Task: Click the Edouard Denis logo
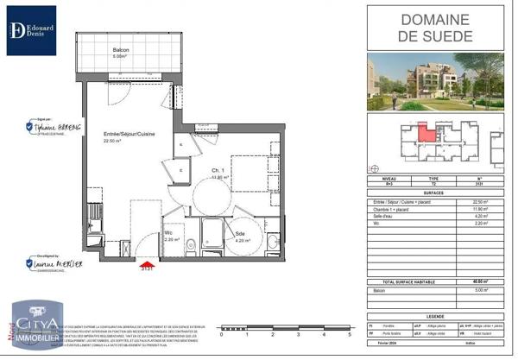point(31,30)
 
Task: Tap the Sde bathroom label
point(239,235)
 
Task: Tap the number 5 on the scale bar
point(349,333)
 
